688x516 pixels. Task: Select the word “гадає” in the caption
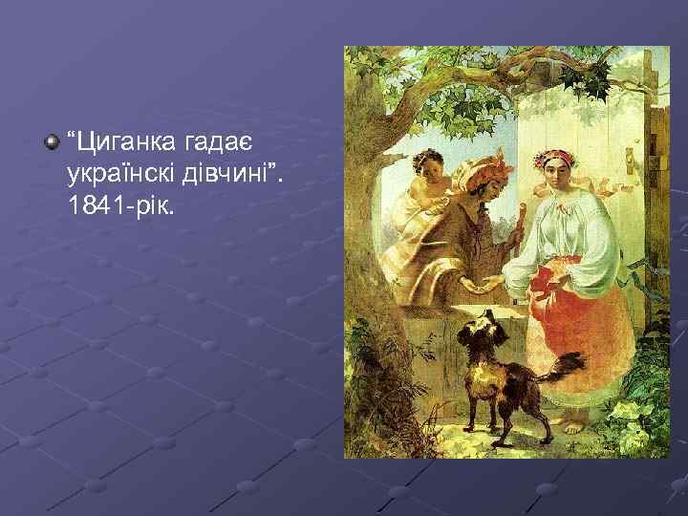pos(210,142)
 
